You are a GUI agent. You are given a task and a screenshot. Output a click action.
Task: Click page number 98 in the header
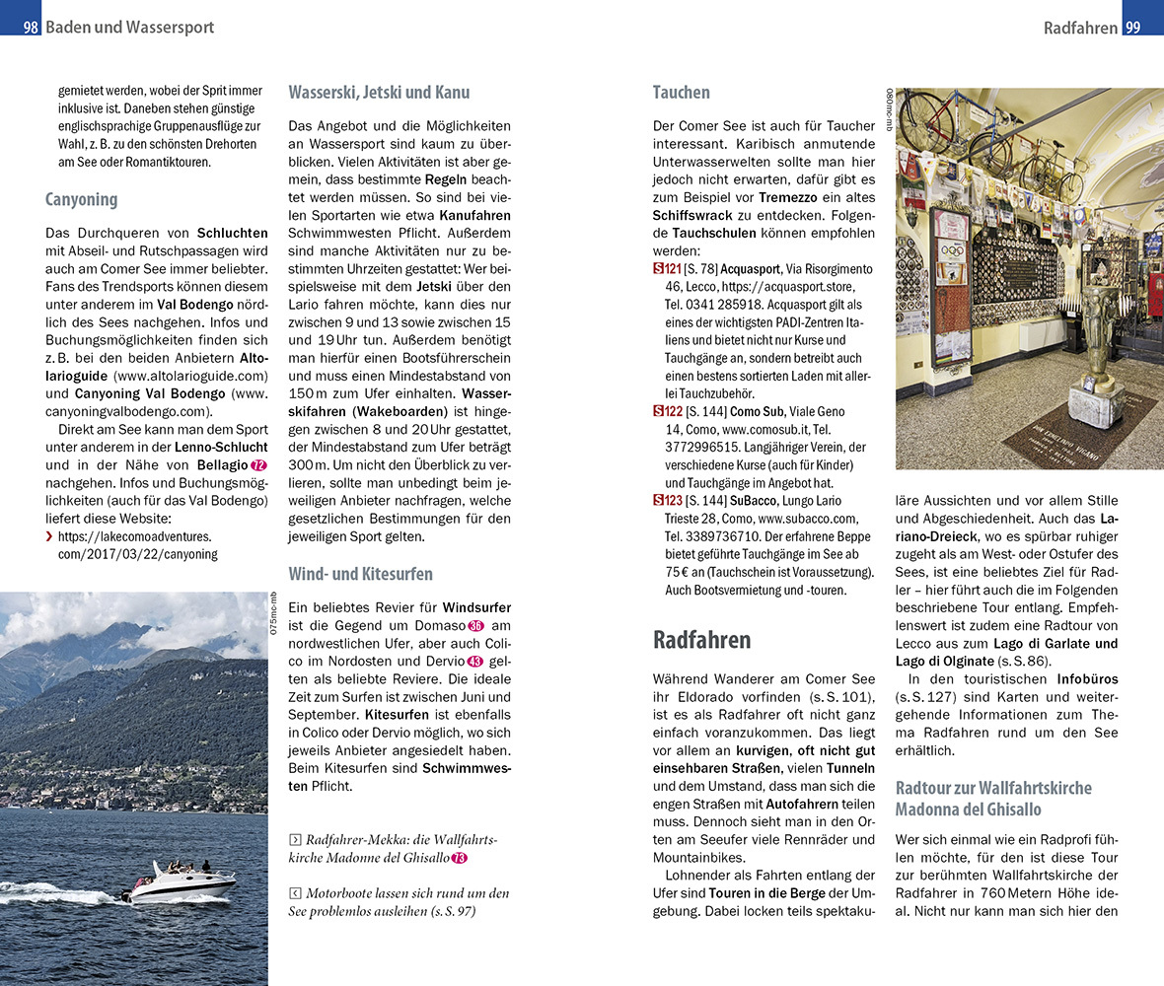coord(31,28)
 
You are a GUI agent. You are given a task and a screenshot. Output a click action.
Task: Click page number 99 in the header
coord(1132,28)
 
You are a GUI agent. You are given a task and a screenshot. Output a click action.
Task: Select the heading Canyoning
coord(81,199)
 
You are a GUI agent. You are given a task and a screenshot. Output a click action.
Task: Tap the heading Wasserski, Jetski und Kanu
coord(379,93)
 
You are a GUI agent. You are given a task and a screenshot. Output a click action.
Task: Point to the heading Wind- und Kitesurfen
coord(360,574)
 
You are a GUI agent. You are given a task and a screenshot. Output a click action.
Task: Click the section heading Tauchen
coord(681,93)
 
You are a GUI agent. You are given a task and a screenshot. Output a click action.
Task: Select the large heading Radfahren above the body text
coord(701,639)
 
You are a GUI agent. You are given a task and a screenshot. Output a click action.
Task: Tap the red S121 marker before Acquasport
coord(667,269)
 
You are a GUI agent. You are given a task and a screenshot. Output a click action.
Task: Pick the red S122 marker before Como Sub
coord(667,411)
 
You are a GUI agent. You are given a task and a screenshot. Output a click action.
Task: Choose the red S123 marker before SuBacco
coord(667,500)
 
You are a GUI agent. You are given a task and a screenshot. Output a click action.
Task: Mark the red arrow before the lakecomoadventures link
coord(50,536)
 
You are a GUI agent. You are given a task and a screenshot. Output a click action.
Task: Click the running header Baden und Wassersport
coord(129,28)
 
